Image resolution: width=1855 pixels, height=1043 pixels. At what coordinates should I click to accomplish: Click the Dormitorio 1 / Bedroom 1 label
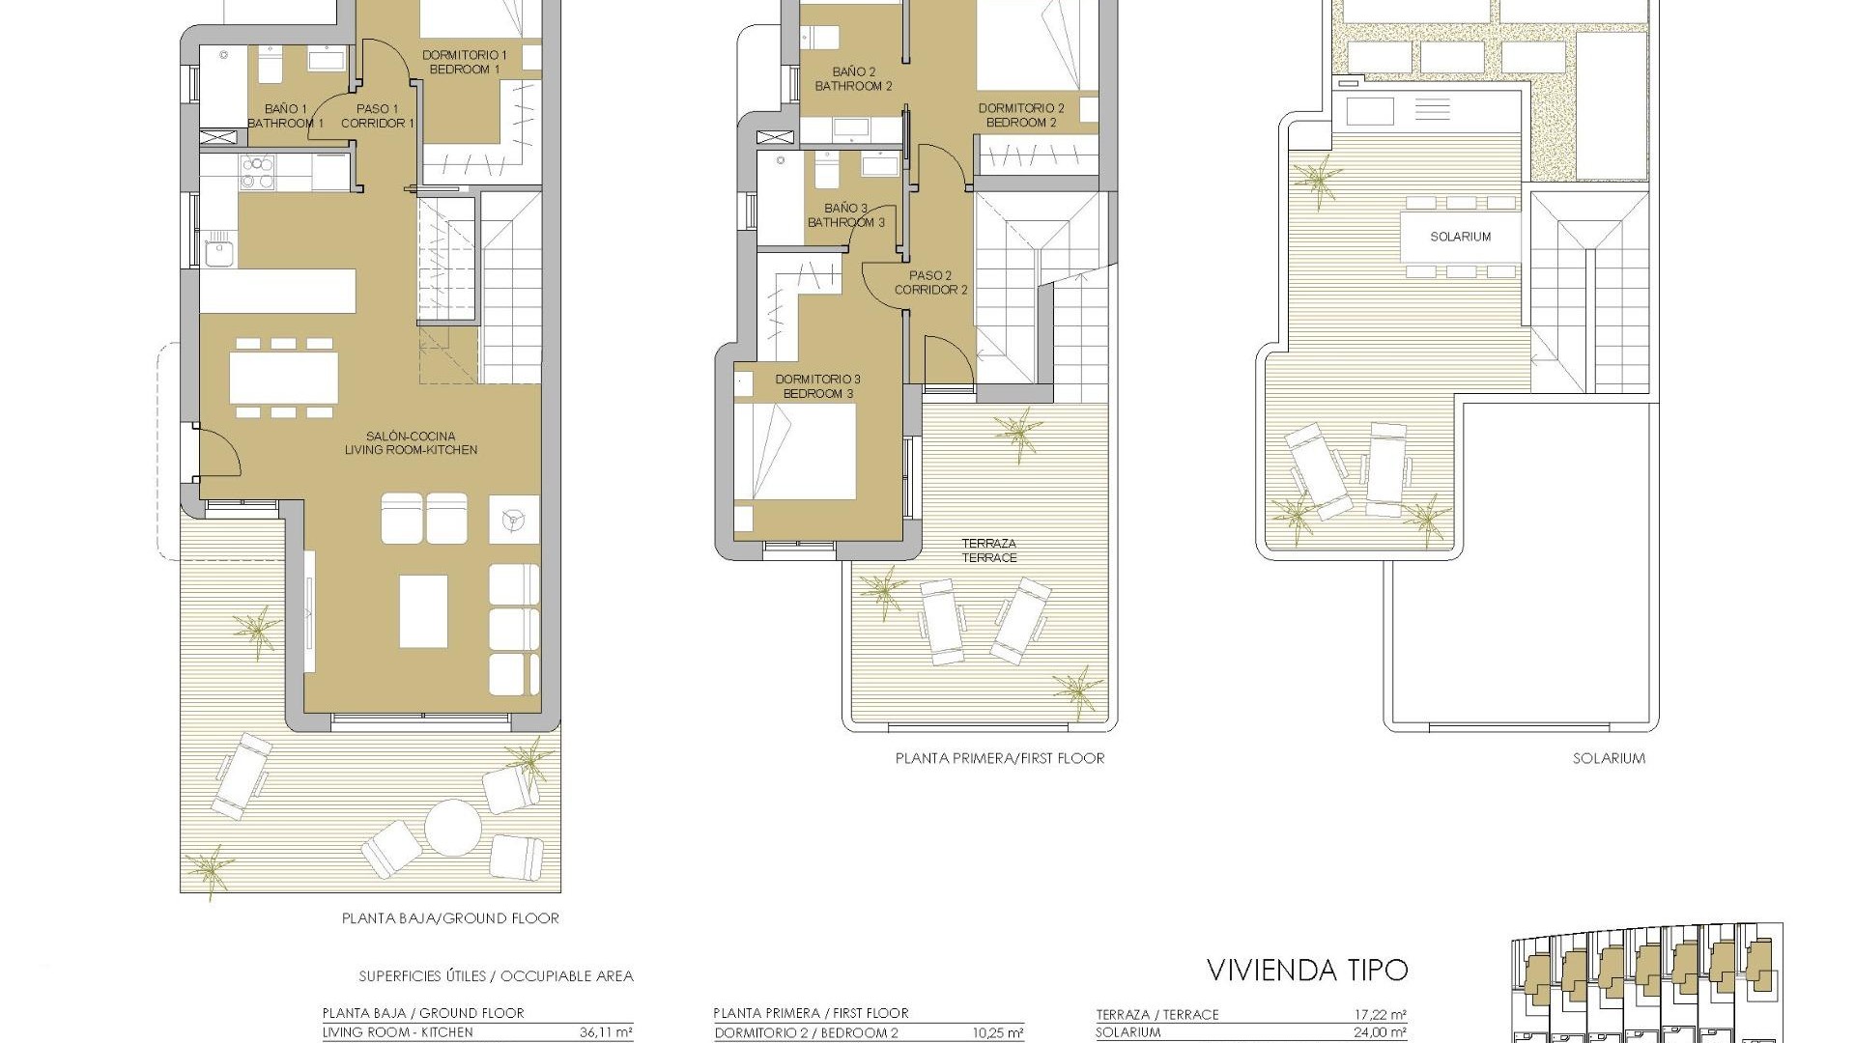(x=463, y=62)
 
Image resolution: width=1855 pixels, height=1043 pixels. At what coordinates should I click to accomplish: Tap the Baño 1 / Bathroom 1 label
(x=285, y=116)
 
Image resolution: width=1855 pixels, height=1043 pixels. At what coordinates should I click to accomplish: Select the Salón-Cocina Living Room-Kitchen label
(x=411, y=442)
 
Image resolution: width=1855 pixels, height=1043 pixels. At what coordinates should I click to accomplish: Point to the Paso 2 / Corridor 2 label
(x=930, y=282)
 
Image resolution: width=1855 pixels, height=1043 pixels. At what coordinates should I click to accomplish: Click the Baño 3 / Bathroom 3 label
(x=846, y=214)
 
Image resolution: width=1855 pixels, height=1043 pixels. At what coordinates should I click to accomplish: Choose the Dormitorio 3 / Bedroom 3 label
(x=817, y=386)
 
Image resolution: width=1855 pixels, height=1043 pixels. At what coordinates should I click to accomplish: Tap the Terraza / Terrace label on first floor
(x=988, y=550)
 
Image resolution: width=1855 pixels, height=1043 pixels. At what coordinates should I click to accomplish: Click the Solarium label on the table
(x=1460, y=237)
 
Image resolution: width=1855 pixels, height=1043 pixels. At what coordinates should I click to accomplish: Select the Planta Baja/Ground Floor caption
(x=450, y=918)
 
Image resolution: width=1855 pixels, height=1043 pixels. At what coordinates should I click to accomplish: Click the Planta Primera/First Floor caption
(x=999, y=758)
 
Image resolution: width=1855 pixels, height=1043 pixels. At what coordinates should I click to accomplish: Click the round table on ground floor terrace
(x=453, y=828)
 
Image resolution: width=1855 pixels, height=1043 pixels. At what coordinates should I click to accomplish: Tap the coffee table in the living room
(x=423, y=610)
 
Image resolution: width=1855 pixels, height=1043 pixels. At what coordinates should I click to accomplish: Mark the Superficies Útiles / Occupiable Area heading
(x=496, y=976)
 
